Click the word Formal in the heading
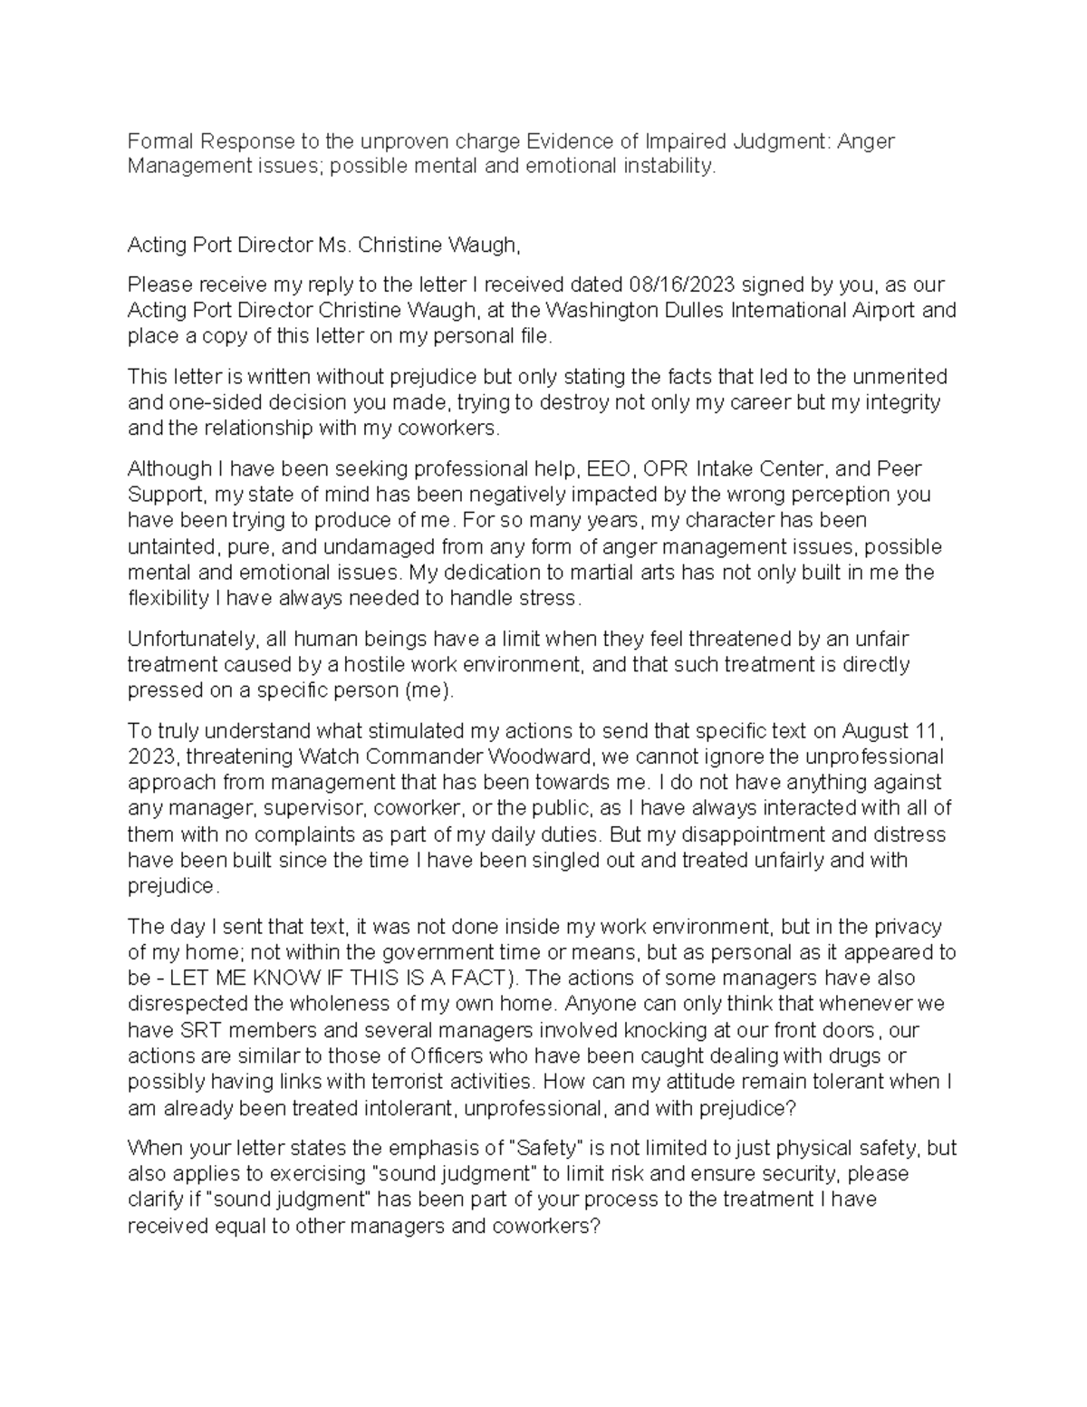tap(159, 141)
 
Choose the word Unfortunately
tap(188, 639)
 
